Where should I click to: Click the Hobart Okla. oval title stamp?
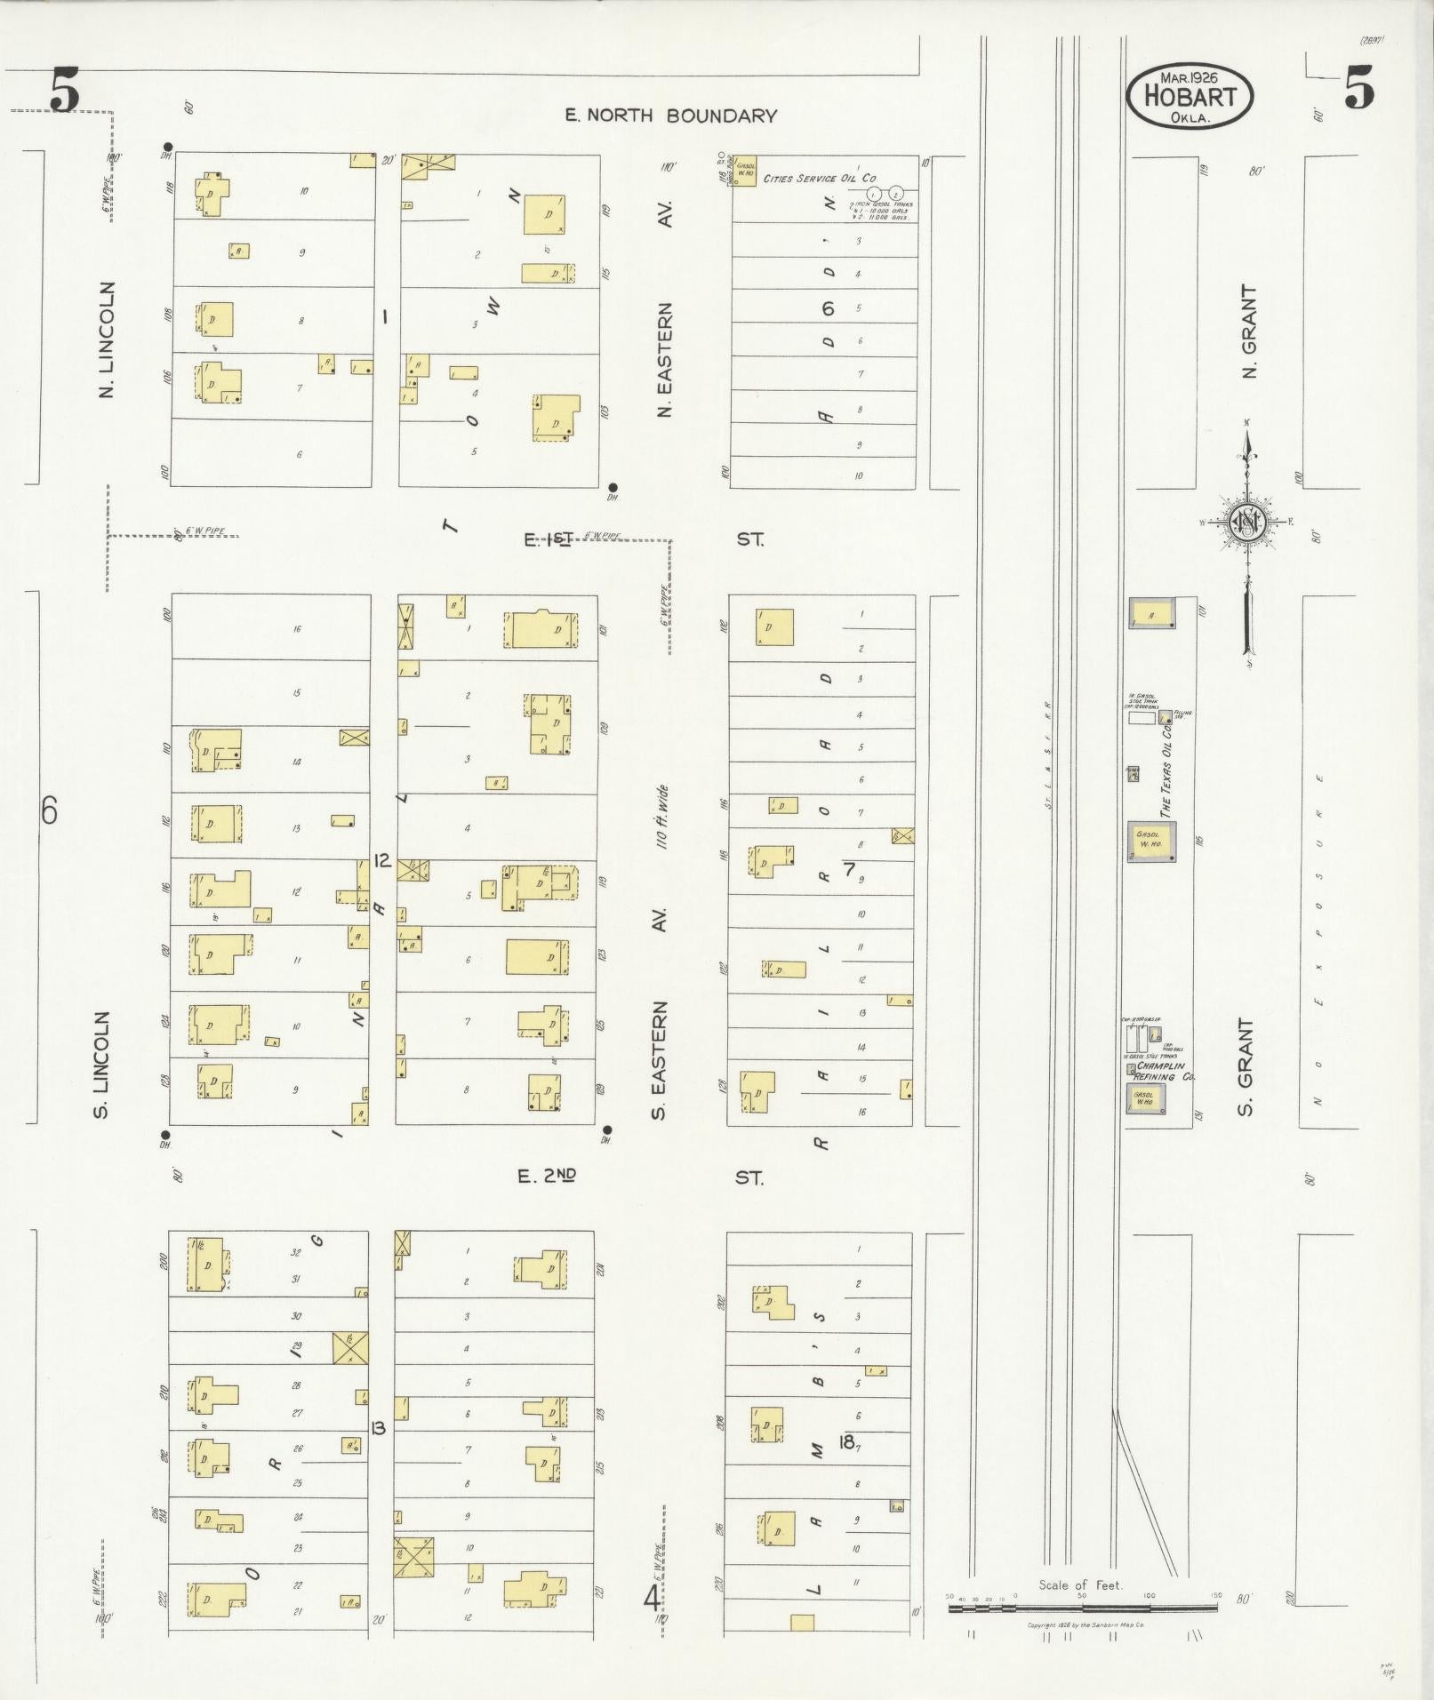pos(1190,97)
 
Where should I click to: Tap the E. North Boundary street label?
pos(671,116)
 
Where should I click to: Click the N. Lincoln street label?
pos(108,339)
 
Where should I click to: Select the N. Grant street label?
pos(1250,331)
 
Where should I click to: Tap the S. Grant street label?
pos(1246,1067)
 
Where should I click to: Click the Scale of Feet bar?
pos(1082,1607)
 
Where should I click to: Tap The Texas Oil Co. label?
pos(1166,770)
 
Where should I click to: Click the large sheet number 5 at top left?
pos(64,92)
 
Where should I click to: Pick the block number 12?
pos(383,860)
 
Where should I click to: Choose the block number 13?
pos(378,1428)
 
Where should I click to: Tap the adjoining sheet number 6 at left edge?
pos(50,810)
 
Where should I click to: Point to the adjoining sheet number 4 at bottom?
pos(652,1600)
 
